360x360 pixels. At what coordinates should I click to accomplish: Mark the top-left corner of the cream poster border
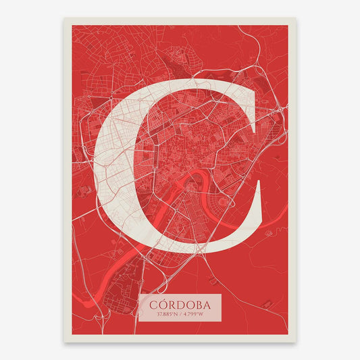[x=65, y=18]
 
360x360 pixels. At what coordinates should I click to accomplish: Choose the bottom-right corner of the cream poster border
[x=295, y=340]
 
